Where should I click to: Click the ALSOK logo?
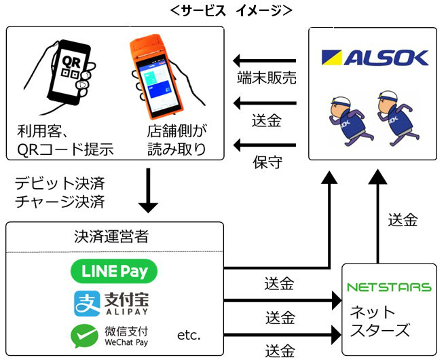(x=374, y=56)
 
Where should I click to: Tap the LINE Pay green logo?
(x=114, y=272)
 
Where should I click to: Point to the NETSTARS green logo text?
(x=389, y=287)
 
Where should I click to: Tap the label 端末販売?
(x=265, y=79)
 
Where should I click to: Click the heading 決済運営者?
(x=114, y=237)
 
